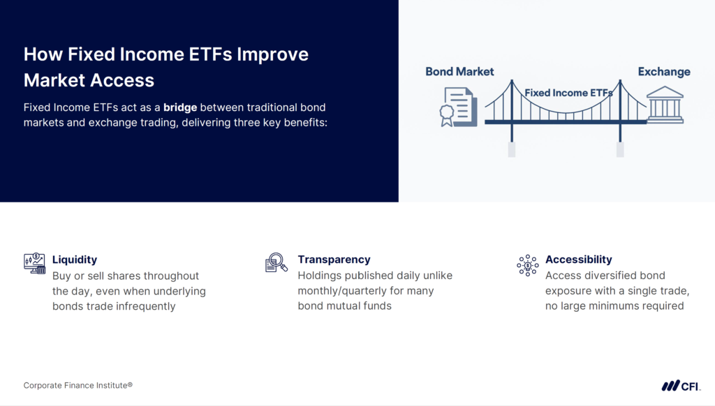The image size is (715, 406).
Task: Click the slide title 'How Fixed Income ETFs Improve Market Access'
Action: tap(165, 67)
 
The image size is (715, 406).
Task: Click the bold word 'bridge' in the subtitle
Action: tap(180, 108)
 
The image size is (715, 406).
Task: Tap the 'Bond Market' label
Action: tap(459, 71)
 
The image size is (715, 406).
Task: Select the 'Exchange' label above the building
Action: tap(663, 71)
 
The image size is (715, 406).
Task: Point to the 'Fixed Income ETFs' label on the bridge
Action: tap(568, 92)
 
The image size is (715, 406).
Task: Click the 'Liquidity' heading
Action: tap(75, 260)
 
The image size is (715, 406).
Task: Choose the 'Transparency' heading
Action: tap(334, 260)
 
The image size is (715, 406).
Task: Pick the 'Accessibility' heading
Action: tap(578, 260)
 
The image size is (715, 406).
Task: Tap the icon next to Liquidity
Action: tap(34, 264)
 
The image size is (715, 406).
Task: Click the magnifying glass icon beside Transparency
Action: tap(277, 263)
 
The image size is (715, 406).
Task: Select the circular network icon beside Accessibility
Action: tap(527, 264)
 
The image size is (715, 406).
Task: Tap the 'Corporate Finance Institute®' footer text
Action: tap(78, 385)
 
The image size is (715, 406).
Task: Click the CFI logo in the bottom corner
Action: tap(681, 385)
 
